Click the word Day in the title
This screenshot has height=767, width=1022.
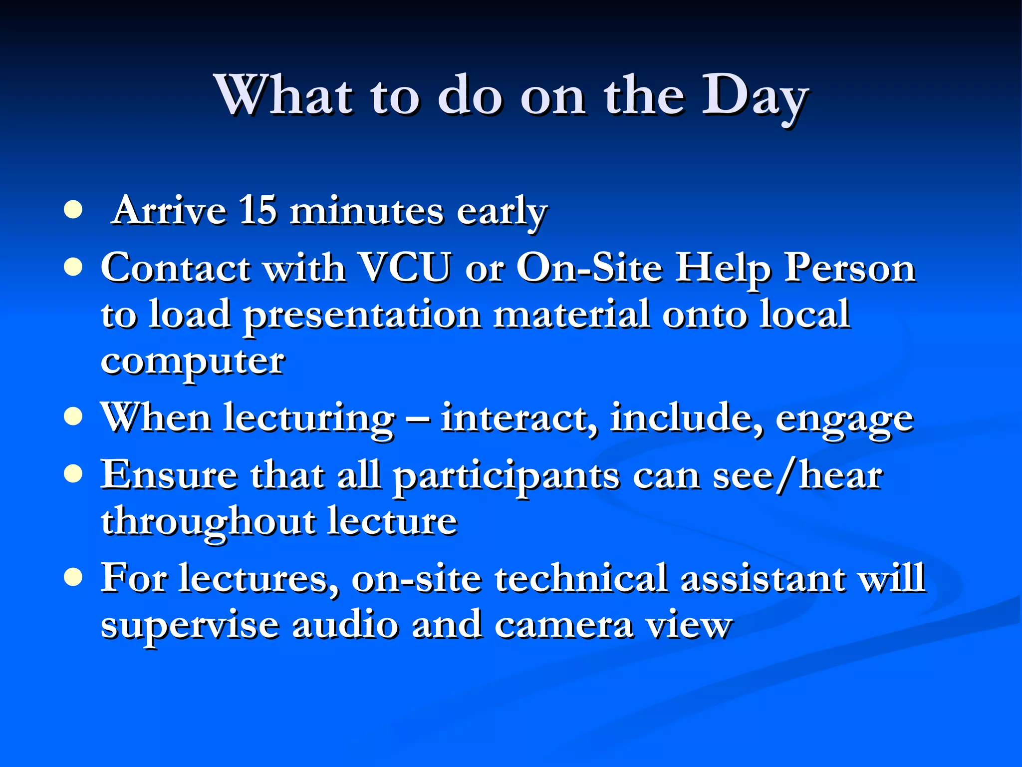(755, 97)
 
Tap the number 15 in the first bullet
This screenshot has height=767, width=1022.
(257, 211)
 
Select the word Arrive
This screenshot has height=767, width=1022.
(170, 211)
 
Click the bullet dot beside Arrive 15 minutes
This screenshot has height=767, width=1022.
(73, 210)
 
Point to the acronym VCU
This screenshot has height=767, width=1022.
(405, 268)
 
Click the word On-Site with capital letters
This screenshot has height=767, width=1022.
(589, 268)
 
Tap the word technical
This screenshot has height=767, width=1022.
(581, 578)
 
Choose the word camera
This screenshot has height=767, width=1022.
(564, 625)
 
